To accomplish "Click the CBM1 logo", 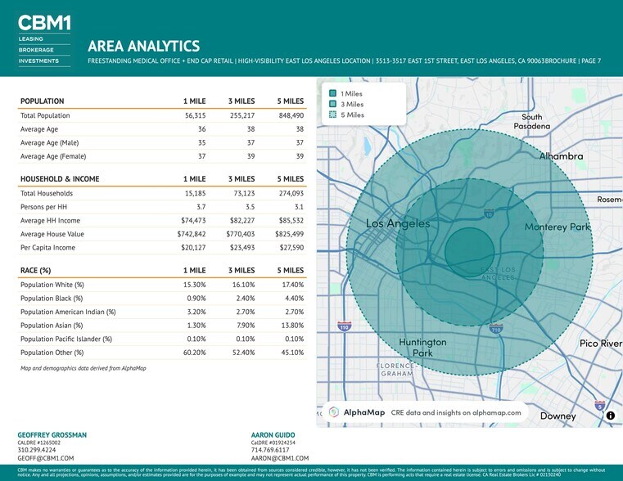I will (43, 23).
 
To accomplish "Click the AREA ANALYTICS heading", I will (143, 47).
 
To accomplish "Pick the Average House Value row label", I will (52, 234).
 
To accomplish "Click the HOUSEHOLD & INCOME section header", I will (60, 179).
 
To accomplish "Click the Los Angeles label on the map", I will (397, 223).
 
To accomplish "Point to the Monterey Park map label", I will (557, 227).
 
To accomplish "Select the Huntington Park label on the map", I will (422, 347).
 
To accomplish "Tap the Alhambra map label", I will (561, 155).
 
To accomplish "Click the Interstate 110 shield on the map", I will (344, 326).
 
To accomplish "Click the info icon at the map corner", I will (610, 416).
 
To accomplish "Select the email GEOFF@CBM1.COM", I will (46, 459).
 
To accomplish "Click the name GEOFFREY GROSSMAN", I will (52, 434).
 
